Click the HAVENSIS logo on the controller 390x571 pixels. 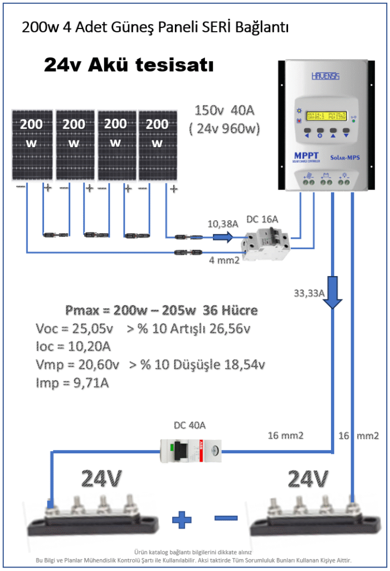[326, 75]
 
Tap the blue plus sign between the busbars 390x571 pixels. [182, 520]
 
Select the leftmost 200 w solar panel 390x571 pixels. [33, 145]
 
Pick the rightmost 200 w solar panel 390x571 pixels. [157, 145]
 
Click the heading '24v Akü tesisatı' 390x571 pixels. [129, 66]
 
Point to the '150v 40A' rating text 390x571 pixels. [225, 111]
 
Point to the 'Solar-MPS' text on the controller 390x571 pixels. [345, 158]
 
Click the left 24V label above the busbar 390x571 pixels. [102, 479]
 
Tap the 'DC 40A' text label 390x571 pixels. [190, 425]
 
